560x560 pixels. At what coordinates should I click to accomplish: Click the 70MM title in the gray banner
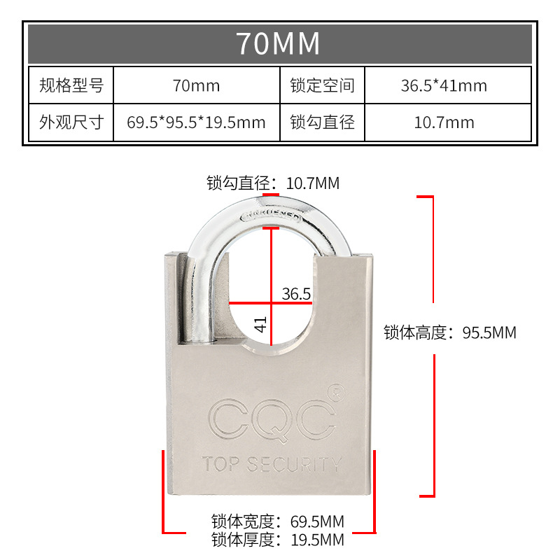coord(279,43)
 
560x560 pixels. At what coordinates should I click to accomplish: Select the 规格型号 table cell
coord(71,85)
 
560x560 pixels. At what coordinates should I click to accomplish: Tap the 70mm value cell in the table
coord(196,86)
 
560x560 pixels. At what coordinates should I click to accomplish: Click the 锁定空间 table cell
coord(322,85)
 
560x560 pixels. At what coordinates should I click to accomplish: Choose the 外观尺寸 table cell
coord(71,122)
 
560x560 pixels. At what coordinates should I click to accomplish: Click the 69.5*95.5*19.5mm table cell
coord(196,123)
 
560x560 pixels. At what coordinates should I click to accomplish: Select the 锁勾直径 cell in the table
coord(322,122)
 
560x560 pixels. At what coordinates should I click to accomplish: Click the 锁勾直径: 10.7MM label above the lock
coord(273,183)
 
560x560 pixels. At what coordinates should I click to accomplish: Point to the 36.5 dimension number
coord(296,294)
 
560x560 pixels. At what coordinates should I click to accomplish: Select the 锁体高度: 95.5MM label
coord(449,332)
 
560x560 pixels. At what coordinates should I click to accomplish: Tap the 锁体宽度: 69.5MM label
coord(278,521)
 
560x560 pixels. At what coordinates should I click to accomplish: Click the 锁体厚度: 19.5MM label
coord(278,540)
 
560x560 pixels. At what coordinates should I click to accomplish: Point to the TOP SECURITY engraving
coord(272,463)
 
